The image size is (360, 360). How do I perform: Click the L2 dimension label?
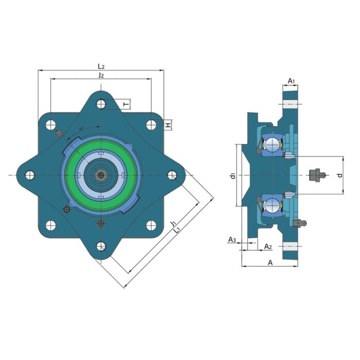point(101,66)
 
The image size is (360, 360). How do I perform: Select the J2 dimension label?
point(101,75)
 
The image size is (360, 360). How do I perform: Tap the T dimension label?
point(127,105)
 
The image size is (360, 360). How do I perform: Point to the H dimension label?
point(169,125)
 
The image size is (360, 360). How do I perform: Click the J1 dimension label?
point(173,223)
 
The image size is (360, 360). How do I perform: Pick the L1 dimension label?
point(177,230)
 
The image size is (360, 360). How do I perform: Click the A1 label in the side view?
point(292,81)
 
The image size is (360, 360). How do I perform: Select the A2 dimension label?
point(268,246)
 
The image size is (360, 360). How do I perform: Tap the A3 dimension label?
point(232,240)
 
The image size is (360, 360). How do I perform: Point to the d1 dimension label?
point(233,176)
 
